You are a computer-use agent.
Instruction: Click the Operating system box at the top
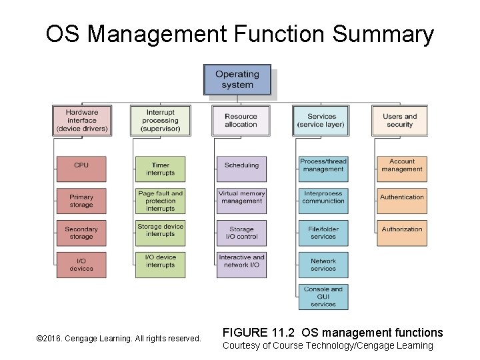point(237,79)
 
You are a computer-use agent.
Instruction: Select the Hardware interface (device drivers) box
point(82,120)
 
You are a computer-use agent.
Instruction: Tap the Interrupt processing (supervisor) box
point(160,120)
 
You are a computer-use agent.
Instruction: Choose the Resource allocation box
point(241,120)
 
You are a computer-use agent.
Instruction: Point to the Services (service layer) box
point(322,120)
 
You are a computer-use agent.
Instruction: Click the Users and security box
point(400,120)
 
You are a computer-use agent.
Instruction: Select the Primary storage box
point(81,201)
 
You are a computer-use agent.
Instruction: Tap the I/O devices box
point(81,265)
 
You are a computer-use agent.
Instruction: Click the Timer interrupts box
point(161,169)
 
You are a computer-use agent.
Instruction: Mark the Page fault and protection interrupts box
point(161,201)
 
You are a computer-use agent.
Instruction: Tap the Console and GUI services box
point(323,297)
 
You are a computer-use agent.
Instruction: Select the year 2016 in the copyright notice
point(53,339)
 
